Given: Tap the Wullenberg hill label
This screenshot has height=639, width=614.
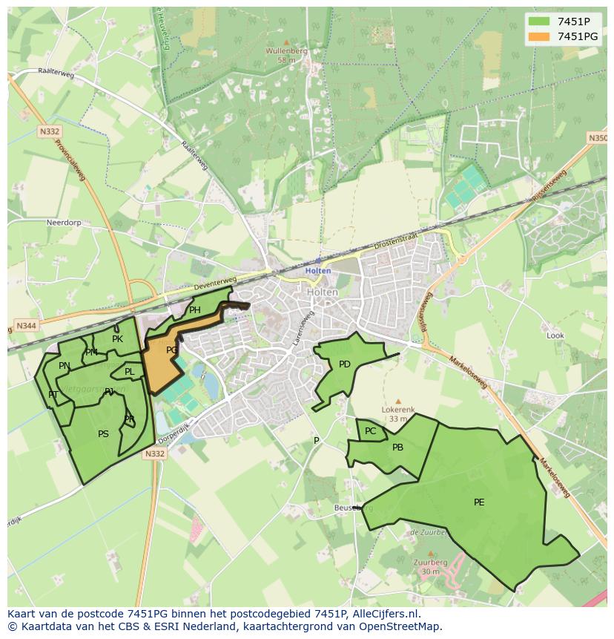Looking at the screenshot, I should tap(285, 51).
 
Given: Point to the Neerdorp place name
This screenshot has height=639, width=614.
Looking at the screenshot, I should tap(63, 222).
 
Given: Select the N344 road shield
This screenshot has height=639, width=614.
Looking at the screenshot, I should tap(24, 327).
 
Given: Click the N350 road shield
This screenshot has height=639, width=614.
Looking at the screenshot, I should tap(597, 138).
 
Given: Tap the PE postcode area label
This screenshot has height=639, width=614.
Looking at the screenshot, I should tap(479, 502).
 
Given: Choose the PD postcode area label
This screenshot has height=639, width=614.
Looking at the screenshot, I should tap(344, 364).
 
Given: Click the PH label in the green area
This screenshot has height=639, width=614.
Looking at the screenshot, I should tap(195, 310).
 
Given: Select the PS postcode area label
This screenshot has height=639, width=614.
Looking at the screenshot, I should tap(103, 434).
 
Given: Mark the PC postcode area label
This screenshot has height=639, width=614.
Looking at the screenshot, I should tap(370, 431).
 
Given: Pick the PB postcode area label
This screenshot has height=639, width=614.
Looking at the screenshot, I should tap(397, 448).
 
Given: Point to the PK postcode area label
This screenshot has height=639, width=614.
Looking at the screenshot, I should tap(117, 339).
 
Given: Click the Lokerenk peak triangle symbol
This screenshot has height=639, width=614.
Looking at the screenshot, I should tap(397, 401).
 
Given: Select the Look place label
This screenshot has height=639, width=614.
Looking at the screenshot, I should tap(555, 335).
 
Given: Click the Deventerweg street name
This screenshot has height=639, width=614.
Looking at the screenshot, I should tap(214, 284).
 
